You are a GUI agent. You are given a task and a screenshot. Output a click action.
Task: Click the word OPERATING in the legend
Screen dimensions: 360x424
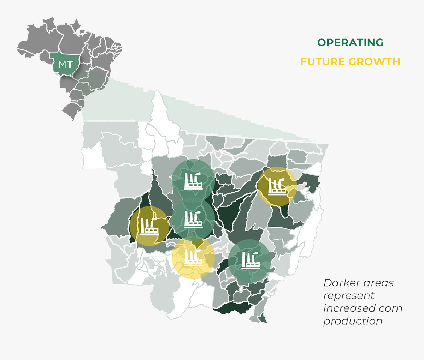[x=350, y=43]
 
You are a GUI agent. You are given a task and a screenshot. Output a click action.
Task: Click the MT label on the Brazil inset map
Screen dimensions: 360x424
[x=66, y=65]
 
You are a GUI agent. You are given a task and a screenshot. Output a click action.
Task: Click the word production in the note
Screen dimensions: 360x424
[x=353, y=321]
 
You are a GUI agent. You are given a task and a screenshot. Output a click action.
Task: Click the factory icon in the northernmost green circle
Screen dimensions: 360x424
[x=193, y=181]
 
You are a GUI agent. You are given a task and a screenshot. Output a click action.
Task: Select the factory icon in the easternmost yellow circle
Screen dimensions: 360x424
[x=277, y=186]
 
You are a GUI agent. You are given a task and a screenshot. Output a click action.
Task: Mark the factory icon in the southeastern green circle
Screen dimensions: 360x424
[x=249, y=260]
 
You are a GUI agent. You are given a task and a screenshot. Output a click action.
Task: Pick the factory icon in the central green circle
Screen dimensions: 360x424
[x=193, y=219]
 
